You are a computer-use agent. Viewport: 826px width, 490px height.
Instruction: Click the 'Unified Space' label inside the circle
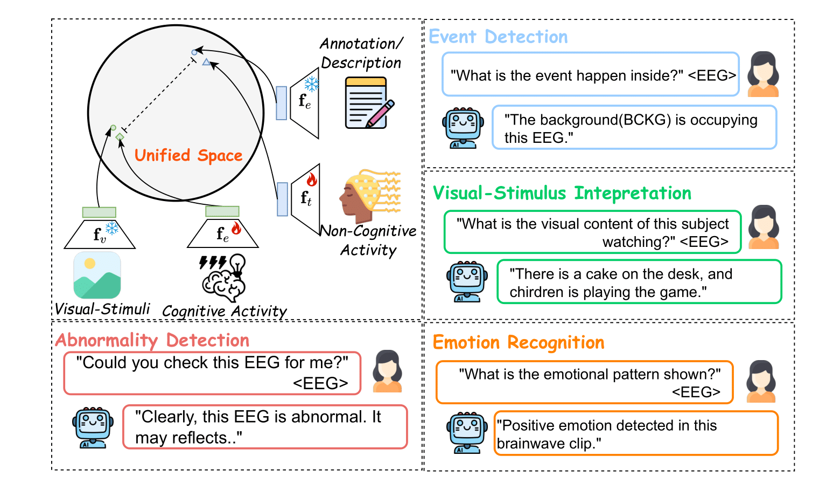[x=188, y=156]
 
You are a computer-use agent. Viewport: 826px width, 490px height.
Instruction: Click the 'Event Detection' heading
[x=498, y=37]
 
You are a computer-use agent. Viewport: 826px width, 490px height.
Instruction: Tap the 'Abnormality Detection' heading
[x=152, y=340]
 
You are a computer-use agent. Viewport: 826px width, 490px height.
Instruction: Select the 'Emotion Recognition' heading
[x=519, y=342]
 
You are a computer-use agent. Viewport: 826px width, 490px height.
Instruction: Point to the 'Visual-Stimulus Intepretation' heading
[x=562, y=193]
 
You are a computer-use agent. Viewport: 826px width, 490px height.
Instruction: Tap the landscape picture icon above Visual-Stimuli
[x=97, y=275]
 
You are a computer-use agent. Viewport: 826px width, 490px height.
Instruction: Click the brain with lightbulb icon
[x=224, y=278]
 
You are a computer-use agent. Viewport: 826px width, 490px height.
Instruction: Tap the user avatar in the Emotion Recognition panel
[x=761, y=382]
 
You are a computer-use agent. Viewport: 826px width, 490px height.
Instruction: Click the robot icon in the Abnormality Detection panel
[x=93, y=427]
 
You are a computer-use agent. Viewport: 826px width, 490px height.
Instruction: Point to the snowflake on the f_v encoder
[x=112, y=229]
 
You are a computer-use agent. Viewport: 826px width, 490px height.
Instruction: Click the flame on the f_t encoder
[x=312, y=179]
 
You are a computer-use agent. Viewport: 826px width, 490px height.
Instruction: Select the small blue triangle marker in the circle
[x=206, y=63]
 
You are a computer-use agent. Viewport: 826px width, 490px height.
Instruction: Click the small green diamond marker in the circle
[x=120, y=137]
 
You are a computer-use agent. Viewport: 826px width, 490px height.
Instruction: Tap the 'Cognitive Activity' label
[x=225, y=311]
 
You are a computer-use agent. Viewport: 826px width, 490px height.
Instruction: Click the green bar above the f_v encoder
[x=99, y=212]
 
